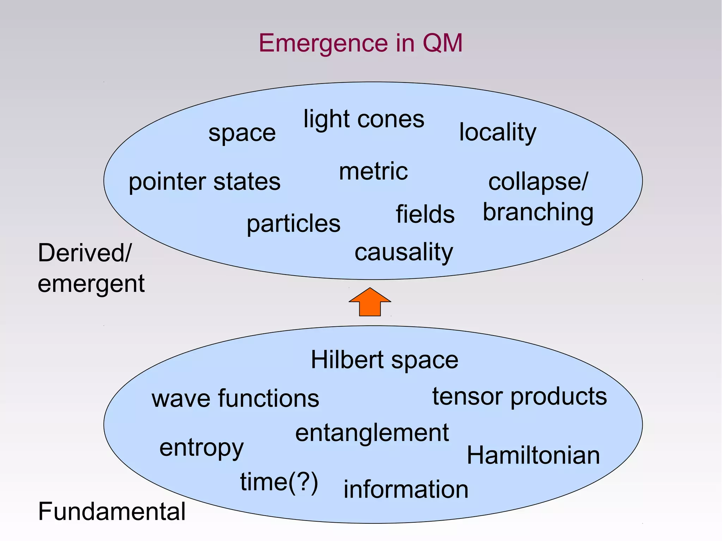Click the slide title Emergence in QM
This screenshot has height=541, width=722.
pyautogui.click(x=360, y=43)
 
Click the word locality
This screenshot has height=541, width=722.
pyautogui.click(x=497, y=132)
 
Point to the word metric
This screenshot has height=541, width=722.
pyautogui.click(x=373, y=171)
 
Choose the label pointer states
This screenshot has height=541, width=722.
pyautogui.click(x=204, y=182)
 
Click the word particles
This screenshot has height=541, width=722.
pyautogui.click(x=293, y=223)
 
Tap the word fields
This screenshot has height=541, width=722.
pyautogui.click(x=425, y=214)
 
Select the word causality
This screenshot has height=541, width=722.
pyautogui.click(x=404, y=252)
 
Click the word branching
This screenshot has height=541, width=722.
pyautogui.click(x=538, y=212)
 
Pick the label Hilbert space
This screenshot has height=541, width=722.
pyautogui.click(x=384, y=360)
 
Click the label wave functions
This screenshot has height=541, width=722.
pyautogui.click(x=235, y=399)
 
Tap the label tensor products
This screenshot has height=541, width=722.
pyautogui.click(x=520, y=396)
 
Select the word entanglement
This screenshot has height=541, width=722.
pyautogui.click(x=372, y=433)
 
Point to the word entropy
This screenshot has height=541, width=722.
pyautogui.click(x=201, y=448)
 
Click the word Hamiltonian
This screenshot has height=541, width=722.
pyautogui.click(x=533, y=455)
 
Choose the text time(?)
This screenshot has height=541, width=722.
pyautogui.click(x=279, y=482)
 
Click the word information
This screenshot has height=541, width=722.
pyautogui.click(x=406, y=490)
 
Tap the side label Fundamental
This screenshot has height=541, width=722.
pyautogui.click(x=111, y=511)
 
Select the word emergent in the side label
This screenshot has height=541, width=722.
pyautogui.click(x=91, y=284)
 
